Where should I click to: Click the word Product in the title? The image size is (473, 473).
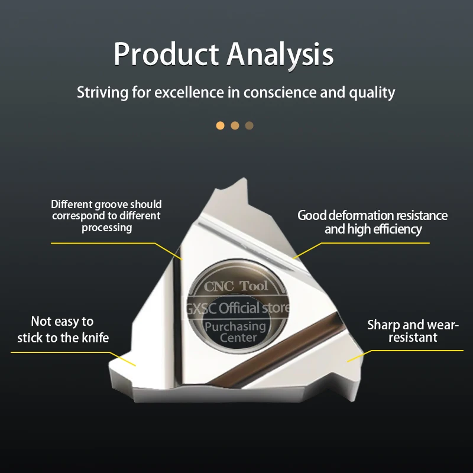click(166, 54)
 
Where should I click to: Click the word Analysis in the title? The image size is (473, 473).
click(280, 54)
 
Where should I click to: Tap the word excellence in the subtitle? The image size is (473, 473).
click(189, 92)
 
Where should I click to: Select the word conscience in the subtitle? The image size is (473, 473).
click(280, 92)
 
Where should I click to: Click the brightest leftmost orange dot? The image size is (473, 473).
click(220, 125)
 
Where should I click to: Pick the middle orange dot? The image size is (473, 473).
click(235, 125)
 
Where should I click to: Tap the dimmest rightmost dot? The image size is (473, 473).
click(249, 125)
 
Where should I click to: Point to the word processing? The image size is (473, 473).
click(107, 228)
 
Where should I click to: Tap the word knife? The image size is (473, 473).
click(96, 338)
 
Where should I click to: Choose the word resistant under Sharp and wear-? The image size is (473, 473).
click(413, 337)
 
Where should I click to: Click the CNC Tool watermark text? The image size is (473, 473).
click(235, 286)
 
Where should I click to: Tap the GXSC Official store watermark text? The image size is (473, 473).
click(238, 308)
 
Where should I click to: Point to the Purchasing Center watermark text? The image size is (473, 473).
click(236, 332)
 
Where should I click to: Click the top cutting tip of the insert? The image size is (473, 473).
click(244, 179)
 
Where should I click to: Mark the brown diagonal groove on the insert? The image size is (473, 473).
click(273, 351)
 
